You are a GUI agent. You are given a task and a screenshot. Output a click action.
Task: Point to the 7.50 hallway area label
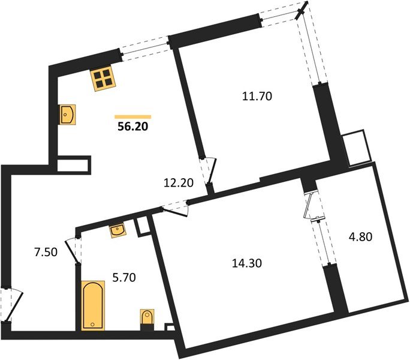(x=46, y=252)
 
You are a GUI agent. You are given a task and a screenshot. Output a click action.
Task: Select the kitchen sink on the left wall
(x=67, y=113)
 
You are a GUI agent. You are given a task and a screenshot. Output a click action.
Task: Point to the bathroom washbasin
(x=117, y=230)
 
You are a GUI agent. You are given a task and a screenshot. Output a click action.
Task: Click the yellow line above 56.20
(x=133, y=116)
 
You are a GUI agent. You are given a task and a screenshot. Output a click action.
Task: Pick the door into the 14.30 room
(x=176, y=207)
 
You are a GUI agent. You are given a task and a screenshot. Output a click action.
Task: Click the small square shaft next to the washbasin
(x=143, y=226)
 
